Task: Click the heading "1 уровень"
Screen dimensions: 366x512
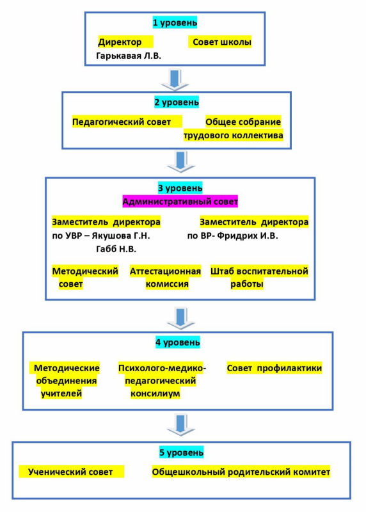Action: tap(175, 23)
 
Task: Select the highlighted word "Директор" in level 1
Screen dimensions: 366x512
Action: tap(120, 42)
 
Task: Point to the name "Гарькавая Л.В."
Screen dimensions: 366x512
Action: tap(129, 56)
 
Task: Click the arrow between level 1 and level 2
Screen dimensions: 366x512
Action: tap(175, 79)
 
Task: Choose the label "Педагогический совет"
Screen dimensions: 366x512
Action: tap(122, 122)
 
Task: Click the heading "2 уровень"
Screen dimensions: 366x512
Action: tap(177, 102)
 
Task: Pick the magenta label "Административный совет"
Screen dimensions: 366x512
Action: tap(180, 202)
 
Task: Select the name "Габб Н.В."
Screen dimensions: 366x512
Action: tap(116, 249)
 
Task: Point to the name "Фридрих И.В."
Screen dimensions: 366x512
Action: tap(248, 236)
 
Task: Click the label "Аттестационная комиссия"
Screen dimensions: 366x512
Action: tap(166, 278)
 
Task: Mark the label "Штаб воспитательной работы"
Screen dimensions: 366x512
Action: tap(259, 278)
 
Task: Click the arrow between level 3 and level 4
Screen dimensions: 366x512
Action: tap(181, 318)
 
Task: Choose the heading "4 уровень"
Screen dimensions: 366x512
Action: tap(178, 342)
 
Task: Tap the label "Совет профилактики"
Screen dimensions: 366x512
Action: tap(274, 368)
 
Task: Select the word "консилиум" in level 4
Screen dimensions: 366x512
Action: tap(155, 394)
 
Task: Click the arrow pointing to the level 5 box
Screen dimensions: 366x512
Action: tap(181, 426)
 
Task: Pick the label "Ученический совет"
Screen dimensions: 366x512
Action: tap(70, 472)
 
